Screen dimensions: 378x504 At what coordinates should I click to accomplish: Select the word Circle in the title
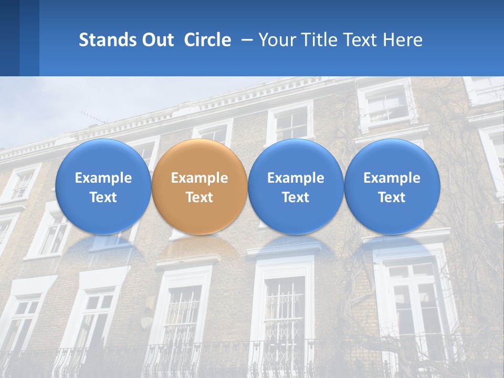tap(207, 40)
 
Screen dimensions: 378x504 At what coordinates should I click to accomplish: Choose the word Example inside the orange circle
tap(199, 178)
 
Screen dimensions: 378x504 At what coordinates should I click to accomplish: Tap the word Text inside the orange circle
tap(199, 197)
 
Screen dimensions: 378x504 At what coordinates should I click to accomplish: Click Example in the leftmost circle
tap(103, 178)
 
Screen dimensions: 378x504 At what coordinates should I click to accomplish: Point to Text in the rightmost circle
tap(392, 197)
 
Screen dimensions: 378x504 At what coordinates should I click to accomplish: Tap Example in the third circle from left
tap(296, 178)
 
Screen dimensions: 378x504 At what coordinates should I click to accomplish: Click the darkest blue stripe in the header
tap(9, 38)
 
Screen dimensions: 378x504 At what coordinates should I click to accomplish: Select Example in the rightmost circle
tap(392, 178)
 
